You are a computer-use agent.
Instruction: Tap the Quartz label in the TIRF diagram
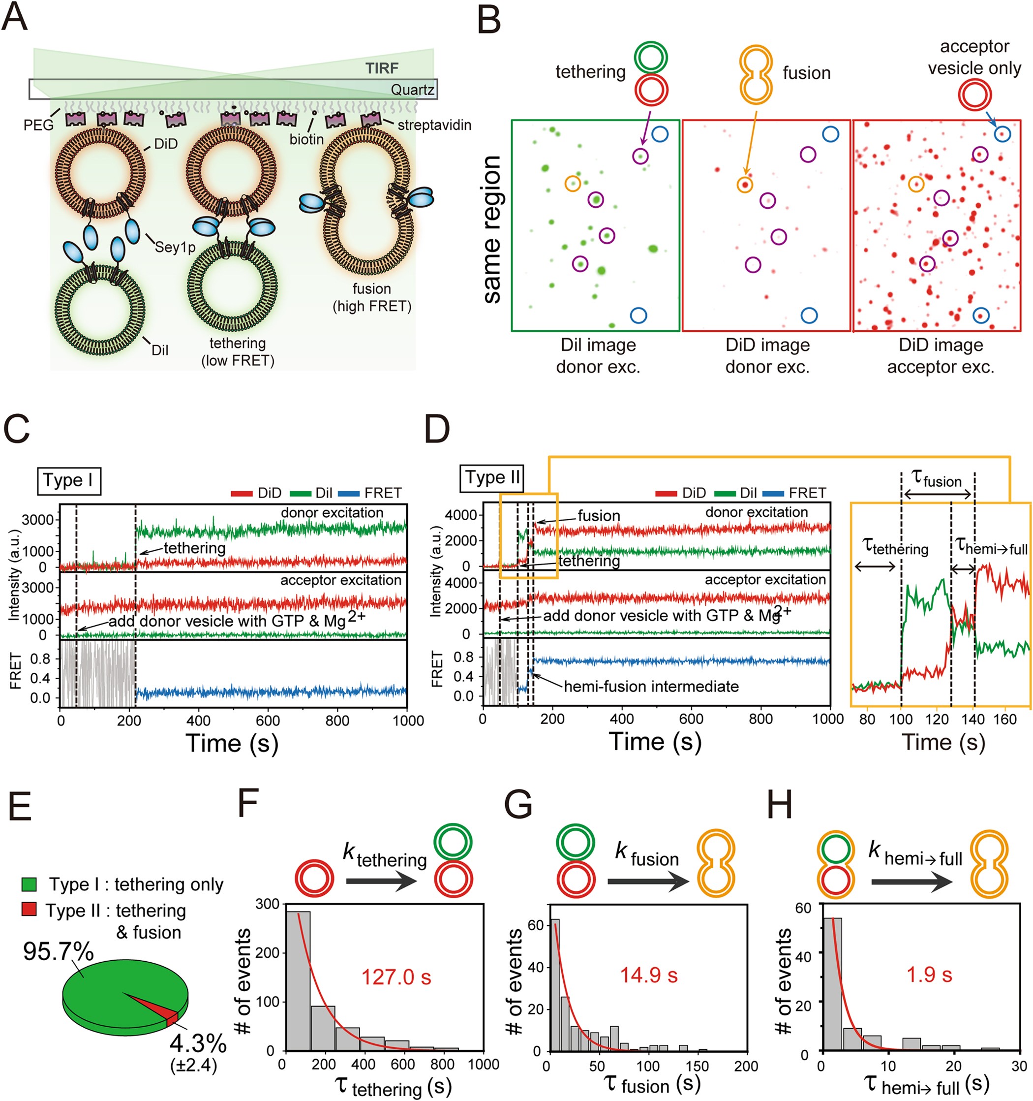pos(412,90)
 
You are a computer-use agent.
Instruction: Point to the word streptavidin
pos(434,125)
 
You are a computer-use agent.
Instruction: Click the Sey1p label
pos(175,247)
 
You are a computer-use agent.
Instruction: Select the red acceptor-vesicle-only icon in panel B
pos(974,95)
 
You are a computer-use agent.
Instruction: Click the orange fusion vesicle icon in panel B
pos(756,75)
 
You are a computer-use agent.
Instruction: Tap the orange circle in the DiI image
pos(573,183)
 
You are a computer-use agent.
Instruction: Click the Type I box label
pos(69,480)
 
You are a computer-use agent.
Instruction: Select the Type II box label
pos(491,477)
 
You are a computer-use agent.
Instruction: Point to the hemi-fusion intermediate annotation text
pos(651,687)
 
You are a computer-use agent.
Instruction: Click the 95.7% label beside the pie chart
pos(58,951)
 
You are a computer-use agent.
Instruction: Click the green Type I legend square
pos(29,884)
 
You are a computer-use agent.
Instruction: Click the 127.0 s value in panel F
pos(396,977)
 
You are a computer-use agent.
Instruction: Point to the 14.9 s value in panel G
pos(648,975)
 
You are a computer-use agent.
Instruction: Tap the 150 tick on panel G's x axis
pos(697,1066)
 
